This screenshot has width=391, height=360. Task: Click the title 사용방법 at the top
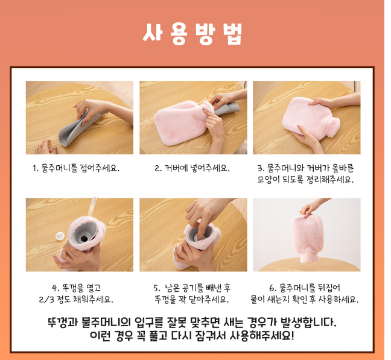[192, 34]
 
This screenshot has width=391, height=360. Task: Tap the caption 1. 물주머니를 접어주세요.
[76, 168]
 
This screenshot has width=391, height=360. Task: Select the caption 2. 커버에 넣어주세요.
[192, 168]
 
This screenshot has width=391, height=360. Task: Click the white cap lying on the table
[60, 236]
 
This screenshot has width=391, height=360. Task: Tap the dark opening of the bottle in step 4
[84, 239]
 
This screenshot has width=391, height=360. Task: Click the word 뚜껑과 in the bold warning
[62, 323]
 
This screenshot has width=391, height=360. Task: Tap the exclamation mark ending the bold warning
[293, 335]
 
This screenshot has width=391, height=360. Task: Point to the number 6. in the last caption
[273, 288]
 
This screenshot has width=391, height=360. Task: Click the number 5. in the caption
[157, 288]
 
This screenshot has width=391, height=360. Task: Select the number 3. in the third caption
[261, 168]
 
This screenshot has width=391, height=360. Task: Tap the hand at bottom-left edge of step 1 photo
[46, 148]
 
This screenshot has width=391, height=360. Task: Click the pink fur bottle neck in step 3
[334, 127]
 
